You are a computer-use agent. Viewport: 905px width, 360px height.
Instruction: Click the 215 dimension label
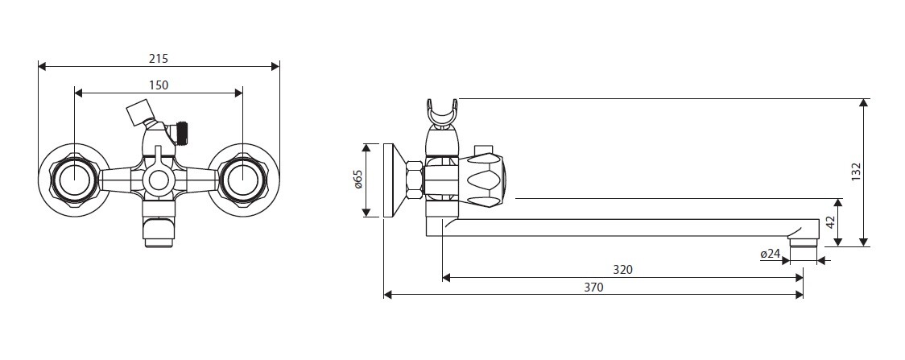pos(158,58)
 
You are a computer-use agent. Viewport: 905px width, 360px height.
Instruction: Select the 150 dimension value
pos(159,85)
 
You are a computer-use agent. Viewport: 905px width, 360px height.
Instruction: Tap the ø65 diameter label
pos(357,180)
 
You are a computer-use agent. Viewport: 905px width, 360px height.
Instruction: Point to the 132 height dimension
pos(856,172)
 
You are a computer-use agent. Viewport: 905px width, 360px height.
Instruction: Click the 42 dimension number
pos(831,223)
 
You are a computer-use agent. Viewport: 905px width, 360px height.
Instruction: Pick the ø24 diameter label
pos(770,253)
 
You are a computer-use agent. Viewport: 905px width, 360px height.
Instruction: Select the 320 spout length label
pos(622,270)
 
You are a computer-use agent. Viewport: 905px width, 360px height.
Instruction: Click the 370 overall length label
pos(593,287)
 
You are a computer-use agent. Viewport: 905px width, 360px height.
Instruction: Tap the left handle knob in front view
pos(74,180)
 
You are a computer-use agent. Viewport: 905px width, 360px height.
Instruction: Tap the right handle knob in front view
pos(243,180)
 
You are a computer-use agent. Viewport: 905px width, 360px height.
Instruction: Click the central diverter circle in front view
pos(158,180)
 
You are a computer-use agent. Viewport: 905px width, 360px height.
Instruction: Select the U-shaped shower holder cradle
pos(442,113)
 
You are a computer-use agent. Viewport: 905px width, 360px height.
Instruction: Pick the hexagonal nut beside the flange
pos(415,180)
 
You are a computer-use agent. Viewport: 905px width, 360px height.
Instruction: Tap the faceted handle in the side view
pos(485,180)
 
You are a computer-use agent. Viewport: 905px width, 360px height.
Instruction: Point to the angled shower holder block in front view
pos(139,111)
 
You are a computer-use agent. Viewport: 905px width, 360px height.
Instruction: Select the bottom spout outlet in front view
pos(158,231)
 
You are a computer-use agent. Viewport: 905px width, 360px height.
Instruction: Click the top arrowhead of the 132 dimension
pos(863,103)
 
